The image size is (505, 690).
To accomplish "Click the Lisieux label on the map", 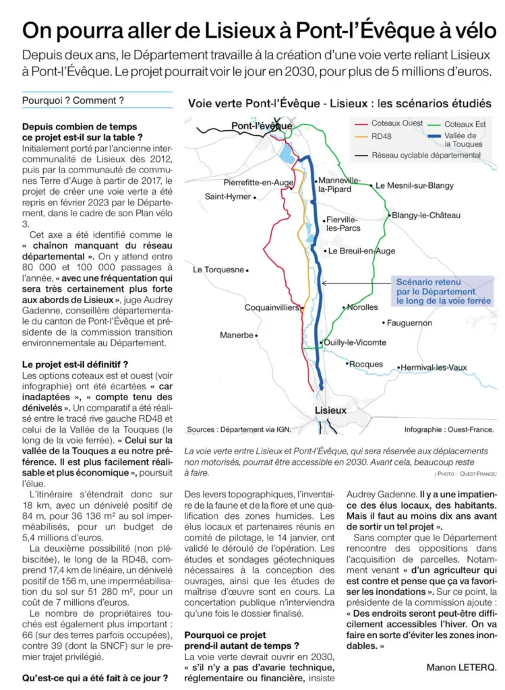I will tap(330, 410).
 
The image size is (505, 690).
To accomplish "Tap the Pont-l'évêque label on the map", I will tap(262, 126).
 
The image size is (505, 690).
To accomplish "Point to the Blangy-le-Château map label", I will tap(425, 216).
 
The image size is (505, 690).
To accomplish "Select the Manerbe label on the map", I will tap(237, 335).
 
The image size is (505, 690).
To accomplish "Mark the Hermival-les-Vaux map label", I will tap(434, 367).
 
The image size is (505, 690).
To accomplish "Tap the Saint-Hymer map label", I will tap(227, 197).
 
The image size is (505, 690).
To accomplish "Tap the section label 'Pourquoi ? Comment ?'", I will tap(73, 100).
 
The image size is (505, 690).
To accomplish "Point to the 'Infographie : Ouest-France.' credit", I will tap(449, 429).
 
